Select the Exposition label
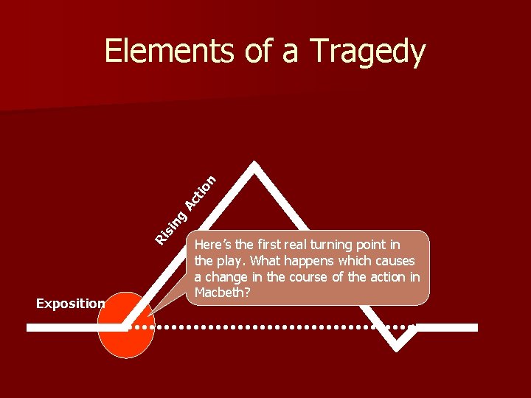point(71,303)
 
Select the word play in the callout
point(225,261)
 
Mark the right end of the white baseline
point(475,327)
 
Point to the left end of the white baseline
point(29,327)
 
